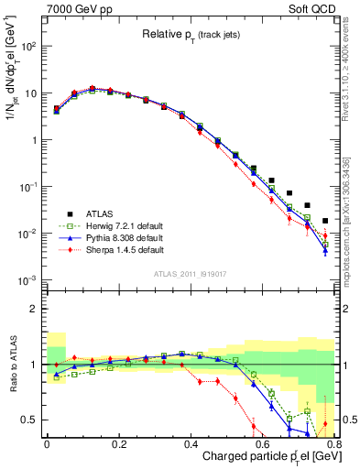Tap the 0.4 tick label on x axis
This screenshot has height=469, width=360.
192,443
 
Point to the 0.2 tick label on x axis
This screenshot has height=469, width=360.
119,443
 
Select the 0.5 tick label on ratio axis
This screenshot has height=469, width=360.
30,420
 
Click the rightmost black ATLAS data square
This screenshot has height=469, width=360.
325,221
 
